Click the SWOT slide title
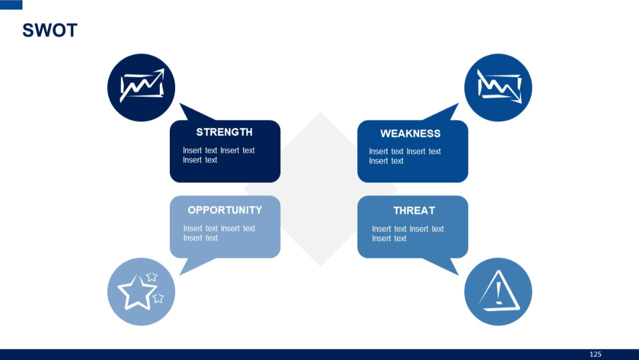click(x=50, y=30)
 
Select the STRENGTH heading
click(x=224, y=132)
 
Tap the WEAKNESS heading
click(x=410, y=133)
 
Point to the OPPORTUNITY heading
click(x=225, y=210)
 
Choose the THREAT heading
click(x=414, y=211)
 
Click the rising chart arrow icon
click(x=141, y=86)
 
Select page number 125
click(x=595, y=354)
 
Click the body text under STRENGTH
click(x=218, y=155)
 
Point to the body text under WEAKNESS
click(x=405, y=156)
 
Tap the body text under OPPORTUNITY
click(x=219, y=233)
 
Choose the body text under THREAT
click(x=408, y=234)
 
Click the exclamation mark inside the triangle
click(x=499, y=291)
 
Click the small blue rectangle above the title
click(x=11, y=5)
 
